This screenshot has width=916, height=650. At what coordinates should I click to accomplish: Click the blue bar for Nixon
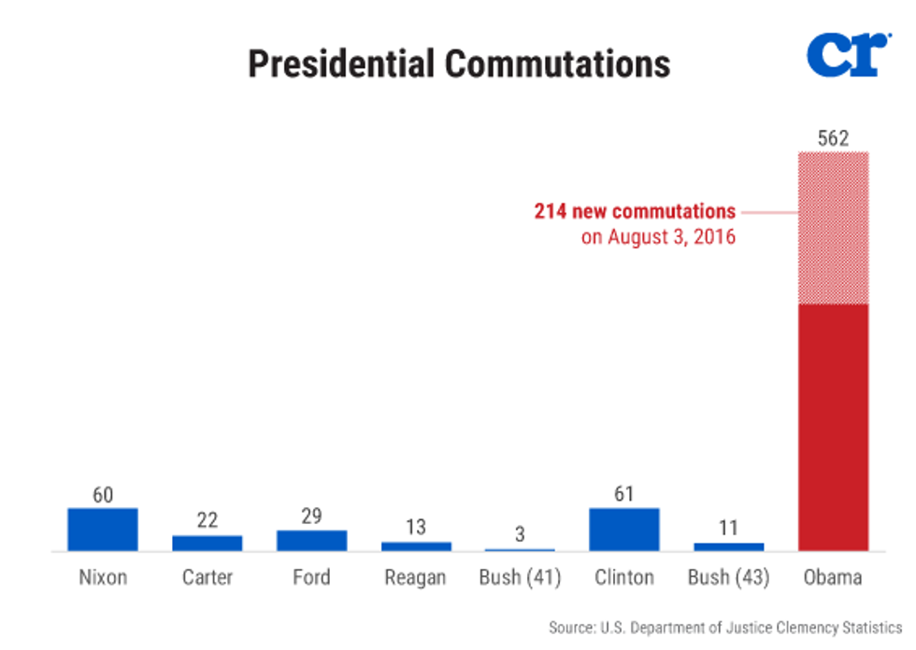[103, 530]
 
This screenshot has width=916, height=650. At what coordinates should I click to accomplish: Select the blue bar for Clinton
[624, 530]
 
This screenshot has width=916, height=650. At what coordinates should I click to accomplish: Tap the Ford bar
[311, 541]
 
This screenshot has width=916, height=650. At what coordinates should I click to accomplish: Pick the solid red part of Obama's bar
[833, 427]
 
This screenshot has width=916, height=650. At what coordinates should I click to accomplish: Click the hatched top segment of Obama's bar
[833, 227]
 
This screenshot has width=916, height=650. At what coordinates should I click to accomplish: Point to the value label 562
[833, 139]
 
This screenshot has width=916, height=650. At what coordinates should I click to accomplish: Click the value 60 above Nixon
[103, 495]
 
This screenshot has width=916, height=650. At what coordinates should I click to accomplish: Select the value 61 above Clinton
[624, 495]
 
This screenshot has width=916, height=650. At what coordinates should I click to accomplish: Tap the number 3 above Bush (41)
[520, 535]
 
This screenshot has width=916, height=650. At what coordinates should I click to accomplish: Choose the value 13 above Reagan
[416, 528]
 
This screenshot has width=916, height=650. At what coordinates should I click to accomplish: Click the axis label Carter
[208, 578]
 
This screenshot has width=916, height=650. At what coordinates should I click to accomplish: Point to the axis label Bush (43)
[728, 578]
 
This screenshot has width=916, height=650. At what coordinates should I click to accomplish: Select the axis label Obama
[833, 578]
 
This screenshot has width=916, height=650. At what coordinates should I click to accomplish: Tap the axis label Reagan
[416, 578]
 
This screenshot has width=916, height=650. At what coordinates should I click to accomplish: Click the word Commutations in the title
[557, 64]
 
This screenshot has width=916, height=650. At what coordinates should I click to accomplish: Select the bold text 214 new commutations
[635, 211]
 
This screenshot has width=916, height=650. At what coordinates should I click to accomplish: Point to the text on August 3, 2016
[658, 236]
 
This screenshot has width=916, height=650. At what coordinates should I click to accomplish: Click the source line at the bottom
[726, 628]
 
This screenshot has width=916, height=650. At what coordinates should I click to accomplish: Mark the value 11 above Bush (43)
[728, 529]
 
